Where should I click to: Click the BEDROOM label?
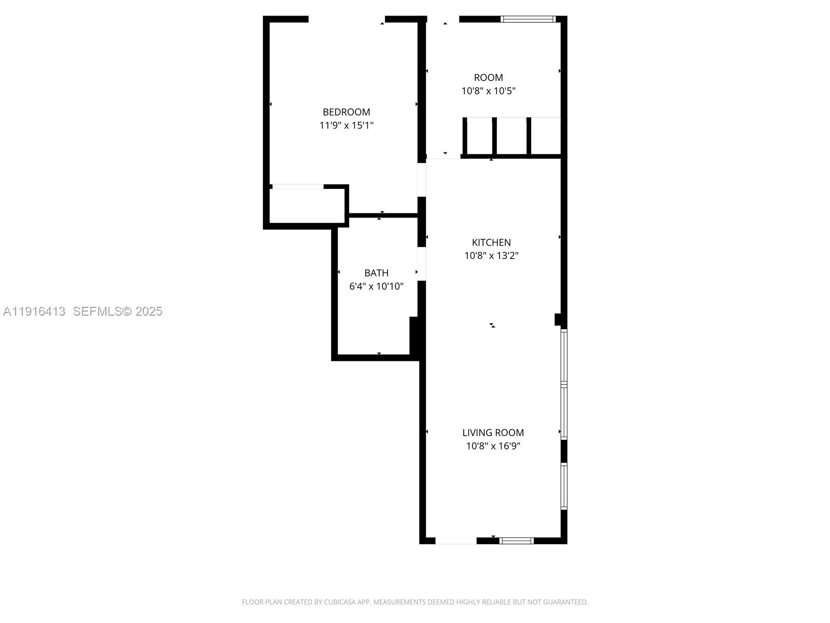pyautogui.click(x=346, y=112)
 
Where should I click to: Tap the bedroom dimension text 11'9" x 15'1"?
pyautogui.click(x=346, y=125)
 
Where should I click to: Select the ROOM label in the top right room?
pyautogui.click(x=488, y=77)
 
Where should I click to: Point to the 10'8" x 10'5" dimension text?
pyautogui.click(x=488, y=91)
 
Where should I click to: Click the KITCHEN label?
pyautogui.click(x=491, y=242)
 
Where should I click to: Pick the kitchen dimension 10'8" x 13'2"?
pyautogui.click(x=491, y=255)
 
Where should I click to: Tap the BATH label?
pyautogui.click(x=376, y=273)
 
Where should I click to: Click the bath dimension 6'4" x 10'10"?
pyautogui.click(x=376, y=286)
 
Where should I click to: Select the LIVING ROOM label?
pyautogui.click(x=493, y=432)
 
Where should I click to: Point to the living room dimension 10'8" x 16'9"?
pyautogui.click(x=493, y=446)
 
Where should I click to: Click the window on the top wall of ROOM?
pyautogui.click(x=528, y=19)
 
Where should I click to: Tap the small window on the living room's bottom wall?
pyautogui.click(x=517, y=540)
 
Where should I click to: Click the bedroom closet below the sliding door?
pyautogui.click(x=307, y=206)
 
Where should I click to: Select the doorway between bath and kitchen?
pyautogui.click(x=422, y=264)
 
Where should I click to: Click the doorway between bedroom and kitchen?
pyautogui.click(x=422, y=180)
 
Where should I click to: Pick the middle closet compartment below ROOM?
pyautogui.click(x=511, y=136)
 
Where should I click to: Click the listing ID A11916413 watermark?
pyautogui.click(x=34, y=311)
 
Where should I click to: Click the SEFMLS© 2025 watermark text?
pyautogui.click(x=117, y=311)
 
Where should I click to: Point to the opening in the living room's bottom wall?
pyautogui.click(x=455, y=540)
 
